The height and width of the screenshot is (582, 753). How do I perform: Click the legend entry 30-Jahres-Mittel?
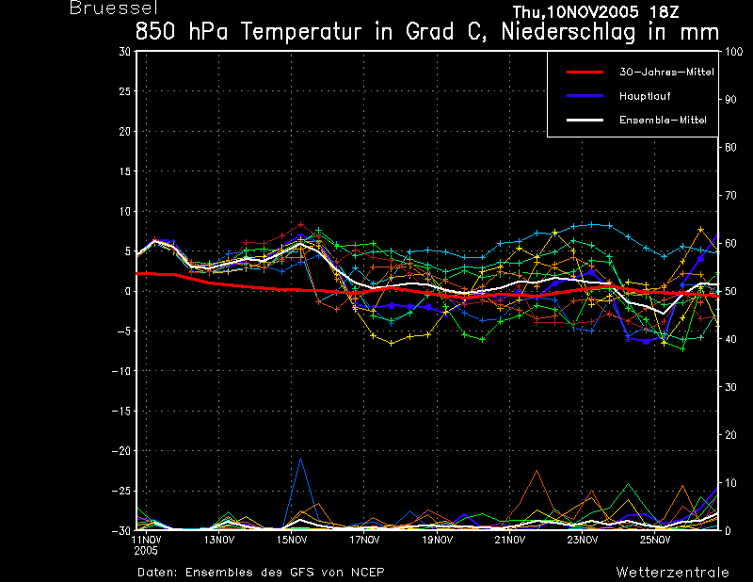pos(666,73)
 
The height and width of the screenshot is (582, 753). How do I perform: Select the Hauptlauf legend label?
pos(645,96)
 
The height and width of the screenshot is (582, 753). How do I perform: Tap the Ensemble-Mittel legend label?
pos(663,120)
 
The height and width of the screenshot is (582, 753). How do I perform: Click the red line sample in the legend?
pos(585,73)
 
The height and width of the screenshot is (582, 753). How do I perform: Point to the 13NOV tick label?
pos(219,540)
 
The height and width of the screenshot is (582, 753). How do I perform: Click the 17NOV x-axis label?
pos(364,540)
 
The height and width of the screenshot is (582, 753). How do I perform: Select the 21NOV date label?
pos(510,540)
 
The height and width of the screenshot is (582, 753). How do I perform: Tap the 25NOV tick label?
pos(655,540)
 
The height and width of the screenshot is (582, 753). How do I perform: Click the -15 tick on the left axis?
pos(121,411)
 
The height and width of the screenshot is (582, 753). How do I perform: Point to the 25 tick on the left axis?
pos(125,90)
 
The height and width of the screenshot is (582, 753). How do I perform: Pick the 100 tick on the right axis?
pos(733,52)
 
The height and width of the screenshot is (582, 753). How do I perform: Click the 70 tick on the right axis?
pos(730,195)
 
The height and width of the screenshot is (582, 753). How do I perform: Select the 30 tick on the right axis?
pos(730,387)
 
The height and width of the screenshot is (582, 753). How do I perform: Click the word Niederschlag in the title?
pos(569,32)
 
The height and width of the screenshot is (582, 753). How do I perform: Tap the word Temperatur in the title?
pos(300,32)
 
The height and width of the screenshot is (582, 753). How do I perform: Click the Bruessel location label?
pos(114,8)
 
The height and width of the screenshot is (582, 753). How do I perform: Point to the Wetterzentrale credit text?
pos(672,573)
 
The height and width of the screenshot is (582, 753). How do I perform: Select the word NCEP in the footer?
pos(367,573)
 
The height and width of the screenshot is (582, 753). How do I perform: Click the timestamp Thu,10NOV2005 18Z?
pos(596,11)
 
